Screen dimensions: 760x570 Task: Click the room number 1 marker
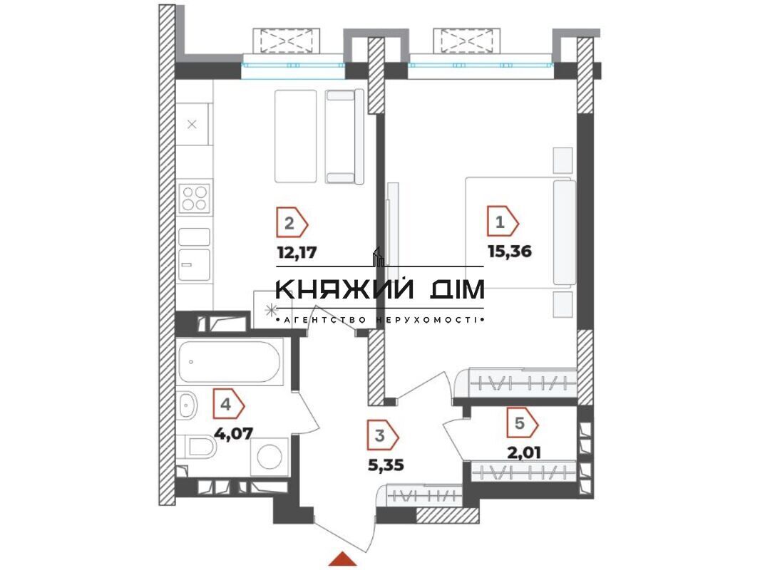coord(503,223)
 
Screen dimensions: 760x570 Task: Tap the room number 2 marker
coord(292,224)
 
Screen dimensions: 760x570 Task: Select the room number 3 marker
coord(383,435)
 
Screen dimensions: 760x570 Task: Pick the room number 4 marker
coord(228,405)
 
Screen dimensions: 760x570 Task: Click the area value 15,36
coord(510,252)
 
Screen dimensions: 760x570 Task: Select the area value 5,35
coord(386,465)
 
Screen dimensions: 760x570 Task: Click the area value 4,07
coord(234,433)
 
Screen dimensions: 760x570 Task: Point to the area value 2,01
coord(523,453)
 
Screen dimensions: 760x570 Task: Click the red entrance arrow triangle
coord(343,559)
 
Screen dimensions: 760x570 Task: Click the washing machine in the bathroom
coord(269,456)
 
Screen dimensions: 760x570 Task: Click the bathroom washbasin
coord(188,405)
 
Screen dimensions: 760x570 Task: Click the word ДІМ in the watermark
coord(458,289)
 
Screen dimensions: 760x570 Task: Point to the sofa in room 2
coord(344,137)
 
